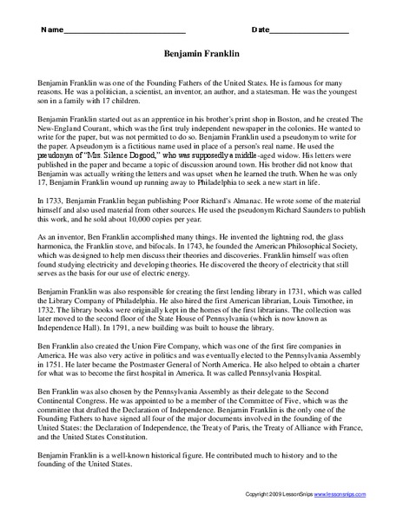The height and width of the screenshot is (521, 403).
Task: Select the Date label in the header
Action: pos(261,30)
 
